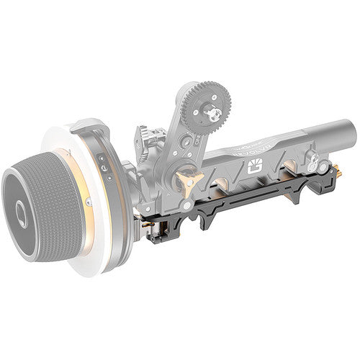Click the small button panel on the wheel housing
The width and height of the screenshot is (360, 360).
coord(106,163)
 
